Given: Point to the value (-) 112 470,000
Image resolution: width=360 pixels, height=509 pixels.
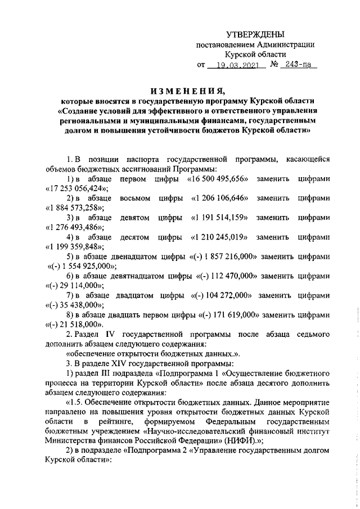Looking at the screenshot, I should pyautogui.click(x=227, y=276).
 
